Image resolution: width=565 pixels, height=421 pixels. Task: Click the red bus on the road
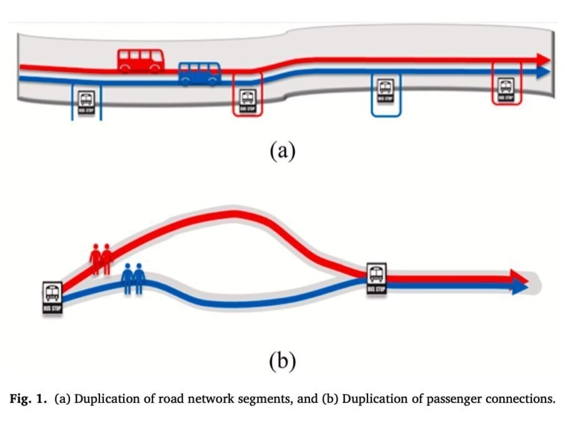[x=141, y=61]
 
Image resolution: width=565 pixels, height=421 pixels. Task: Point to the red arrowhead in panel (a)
[x=544, y=60]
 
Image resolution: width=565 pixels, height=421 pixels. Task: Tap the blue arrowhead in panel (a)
[x=543, y=72]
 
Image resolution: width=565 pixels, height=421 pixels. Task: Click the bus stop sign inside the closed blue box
[x=385, y=91]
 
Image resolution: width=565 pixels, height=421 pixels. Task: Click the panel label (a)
[x=282, y=150]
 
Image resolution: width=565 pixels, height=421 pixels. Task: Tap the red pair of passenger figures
[x=101, y=258]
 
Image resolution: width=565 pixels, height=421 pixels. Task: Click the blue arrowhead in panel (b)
[x=520, y=286]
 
